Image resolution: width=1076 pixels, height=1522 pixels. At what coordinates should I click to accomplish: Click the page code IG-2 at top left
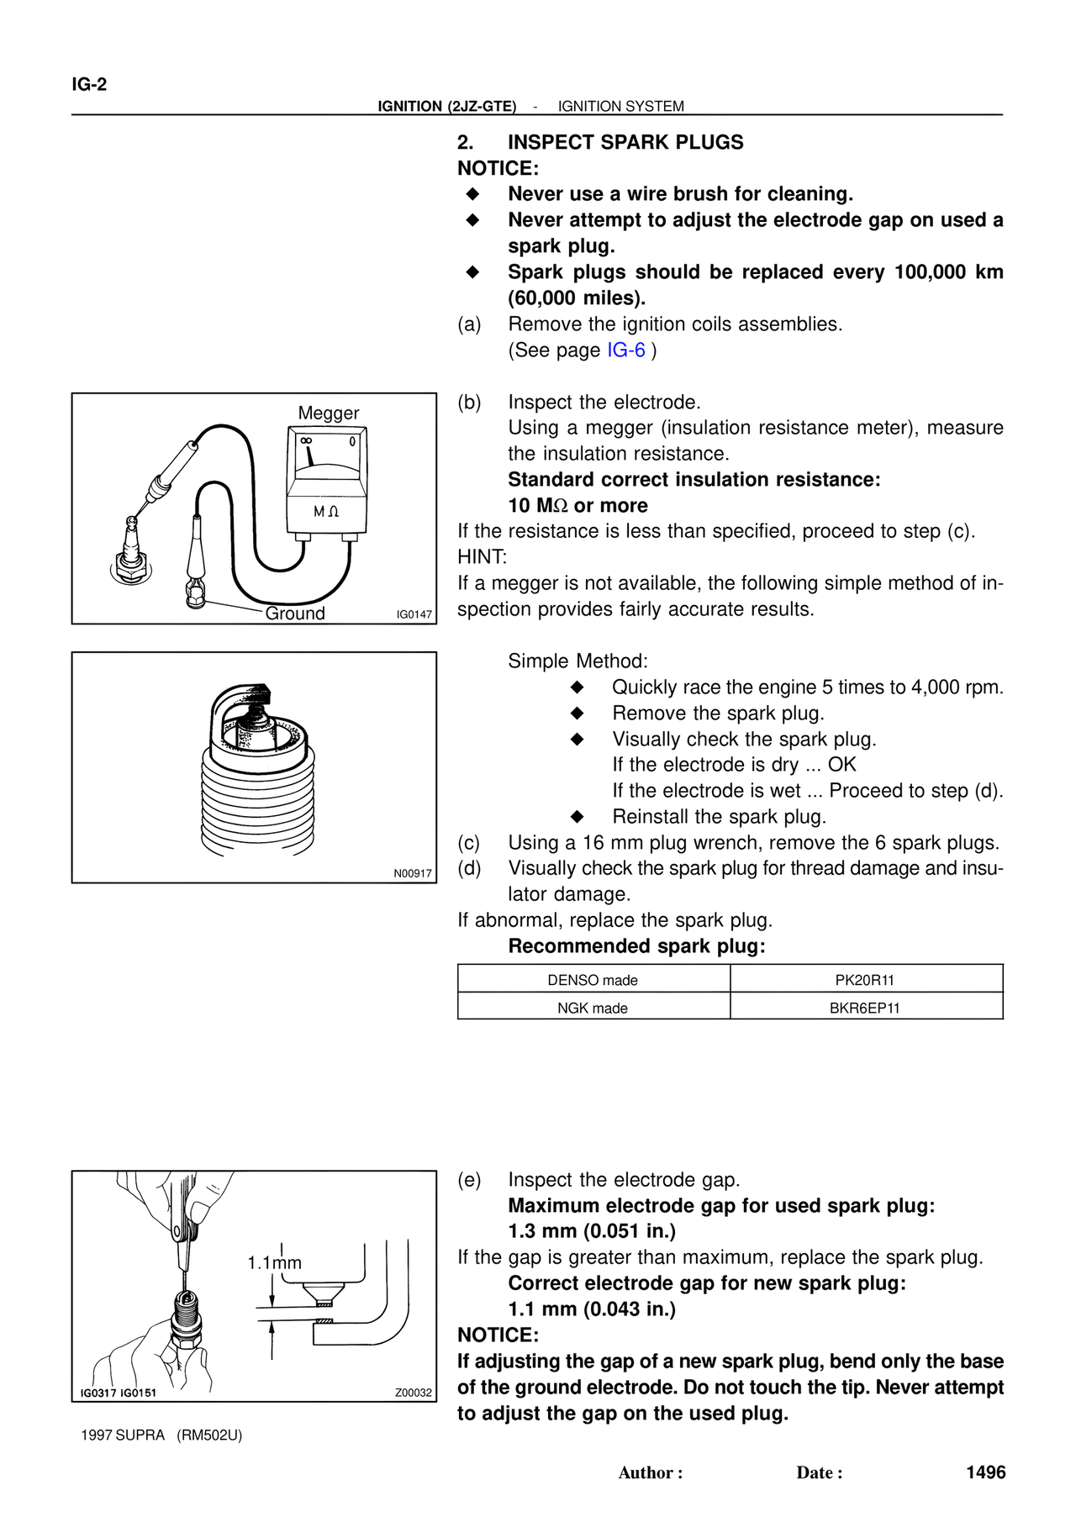point(89,84)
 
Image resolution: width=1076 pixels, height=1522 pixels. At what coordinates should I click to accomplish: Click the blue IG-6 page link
point(626,350)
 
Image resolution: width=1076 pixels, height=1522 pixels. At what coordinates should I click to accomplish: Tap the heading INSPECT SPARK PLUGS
point(625,142)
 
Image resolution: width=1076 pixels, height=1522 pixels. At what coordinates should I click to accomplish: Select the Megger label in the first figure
point(329,413)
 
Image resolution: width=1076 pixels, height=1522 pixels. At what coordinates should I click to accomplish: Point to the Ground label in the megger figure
point(295,614)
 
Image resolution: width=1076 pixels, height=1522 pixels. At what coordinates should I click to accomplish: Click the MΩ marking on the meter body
point(326,512)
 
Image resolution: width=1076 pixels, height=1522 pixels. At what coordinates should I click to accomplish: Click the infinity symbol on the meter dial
point(306,440)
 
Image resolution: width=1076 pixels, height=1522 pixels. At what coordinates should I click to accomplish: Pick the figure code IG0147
point(414,614)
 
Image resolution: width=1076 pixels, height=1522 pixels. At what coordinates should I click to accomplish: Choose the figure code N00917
point(413,873)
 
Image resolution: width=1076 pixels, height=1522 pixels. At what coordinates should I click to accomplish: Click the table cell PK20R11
point(866,980)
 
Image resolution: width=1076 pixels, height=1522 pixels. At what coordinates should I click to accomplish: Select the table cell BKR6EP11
point(866,1008)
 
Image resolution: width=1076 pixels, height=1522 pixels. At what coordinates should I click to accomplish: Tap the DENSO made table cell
point(593,980)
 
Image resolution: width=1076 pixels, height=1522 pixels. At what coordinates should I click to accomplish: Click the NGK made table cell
point(593,1008)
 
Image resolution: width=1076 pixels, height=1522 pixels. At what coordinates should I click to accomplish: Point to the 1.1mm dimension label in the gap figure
point(274,1263)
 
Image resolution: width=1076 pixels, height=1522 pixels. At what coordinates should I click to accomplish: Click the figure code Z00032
point(414,1393)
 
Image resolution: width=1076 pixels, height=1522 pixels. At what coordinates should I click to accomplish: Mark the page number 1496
point(986,1472)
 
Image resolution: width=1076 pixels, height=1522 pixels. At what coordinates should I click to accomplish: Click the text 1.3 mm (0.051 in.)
point(592,1231)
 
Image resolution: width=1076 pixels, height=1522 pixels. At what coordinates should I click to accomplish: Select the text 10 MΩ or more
point(578,506)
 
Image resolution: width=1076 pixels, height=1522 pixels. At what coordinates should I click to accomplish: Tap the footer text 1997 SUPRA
point(123,1435)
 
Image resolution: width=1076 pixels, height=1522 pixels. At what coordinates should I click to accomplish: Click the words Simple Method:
point(578,661)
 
